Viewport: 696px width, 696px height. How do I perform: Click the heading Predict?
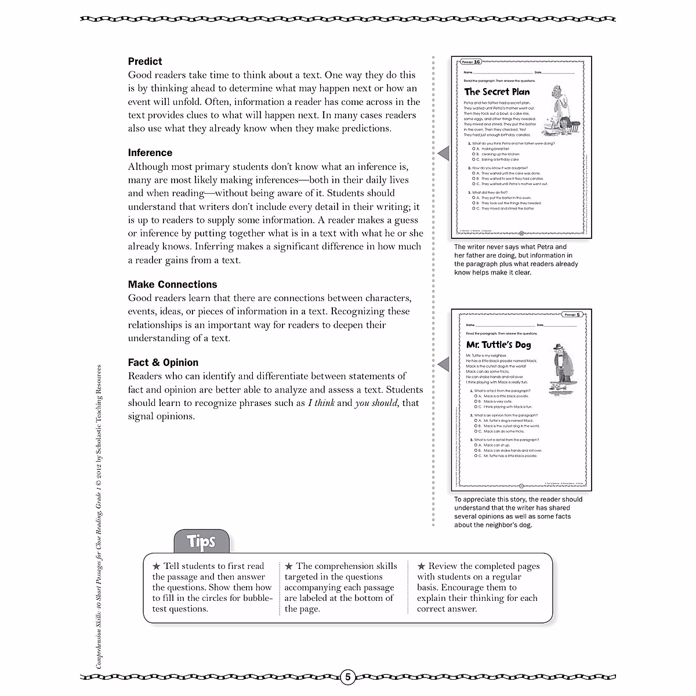pyautogui.click(x=145, y=61)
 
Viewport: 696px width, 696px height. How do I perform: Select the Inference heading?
pyautogui.click(x=150, y=153)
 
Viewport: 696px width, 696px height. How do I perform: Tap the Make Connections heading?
pyautogui.click(x=172, y=284)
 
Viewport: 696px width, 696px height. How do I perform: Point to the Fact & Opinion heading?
pyautogui.click(x=163, y=362)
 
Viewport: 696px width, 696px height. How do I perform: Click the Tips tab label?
pyautogui.click(x=201, y=542)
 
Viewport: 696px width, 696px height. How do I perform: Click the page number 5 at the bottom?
pyautogui.click(x=347, y=677)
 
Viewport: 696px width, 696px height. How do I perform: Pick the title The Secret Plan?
pyautogui.click(x=497, y=92)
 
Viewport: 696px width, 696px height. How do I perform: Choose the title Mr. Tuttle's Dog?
pyautogui.click(x=498, y=345)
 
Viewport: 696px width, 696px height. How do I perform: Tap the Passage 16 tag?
pyautogui.click(x=470, y=61)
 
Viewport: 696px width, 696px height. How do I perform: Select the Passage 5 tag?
pyautogui.click(x=572, y=314)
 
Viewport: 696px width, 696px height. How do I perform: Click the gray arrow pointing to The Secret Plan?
pyautogui.click(x=443, y=153)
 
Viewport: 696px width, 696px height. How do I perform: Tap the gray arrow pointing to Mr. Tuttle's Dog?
pyautogui.click(x=443, y=364)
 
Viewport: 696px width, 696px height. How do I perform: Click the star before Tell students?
pyautogui.click(x=156, y=566)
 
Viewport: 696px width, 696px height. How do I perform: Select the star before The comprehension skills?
pyautogui.click(x=289, y=566)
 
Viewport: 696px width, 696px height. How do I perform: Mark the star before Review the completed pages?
pyautogui.click(x=421, y=566)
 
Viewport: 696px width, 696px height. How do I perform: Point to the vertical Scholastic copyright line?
pyautogui.click(x=99, y=525)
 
